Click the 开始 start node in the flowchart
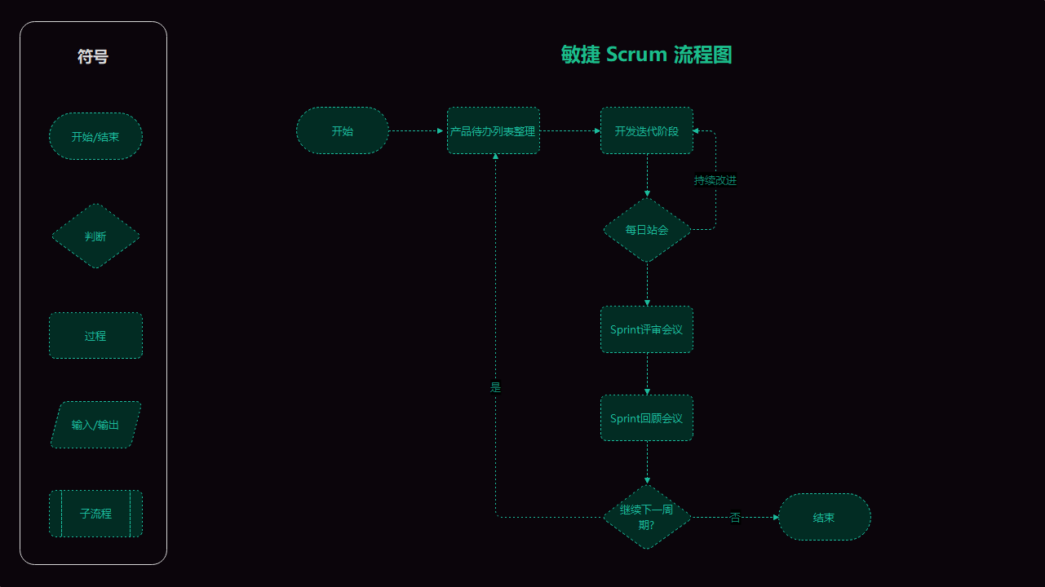343,130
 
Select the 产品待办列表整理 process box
494,130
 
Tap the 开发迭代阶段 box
647,130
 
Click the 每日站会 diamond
647,230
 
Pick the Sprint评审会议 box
647,329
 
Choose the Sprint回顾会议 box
647,418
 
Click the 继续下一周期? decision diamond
647,517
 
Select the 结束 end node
824,517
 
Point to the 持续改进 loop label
715,180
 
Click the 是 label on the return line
495,387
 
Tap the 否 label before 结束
735,517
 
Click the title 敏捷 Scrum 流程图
646,55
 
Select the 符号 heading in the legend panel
93,56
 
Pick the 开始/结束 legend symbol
95,136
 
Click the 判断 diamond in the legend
95,236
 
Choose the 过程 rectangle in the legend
95,335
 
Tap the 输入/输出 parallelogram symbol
95,425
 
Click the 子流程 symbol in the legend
95,514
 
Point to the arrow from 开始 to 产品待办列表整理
418,130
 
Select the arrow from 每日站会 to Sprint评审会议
647,284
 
